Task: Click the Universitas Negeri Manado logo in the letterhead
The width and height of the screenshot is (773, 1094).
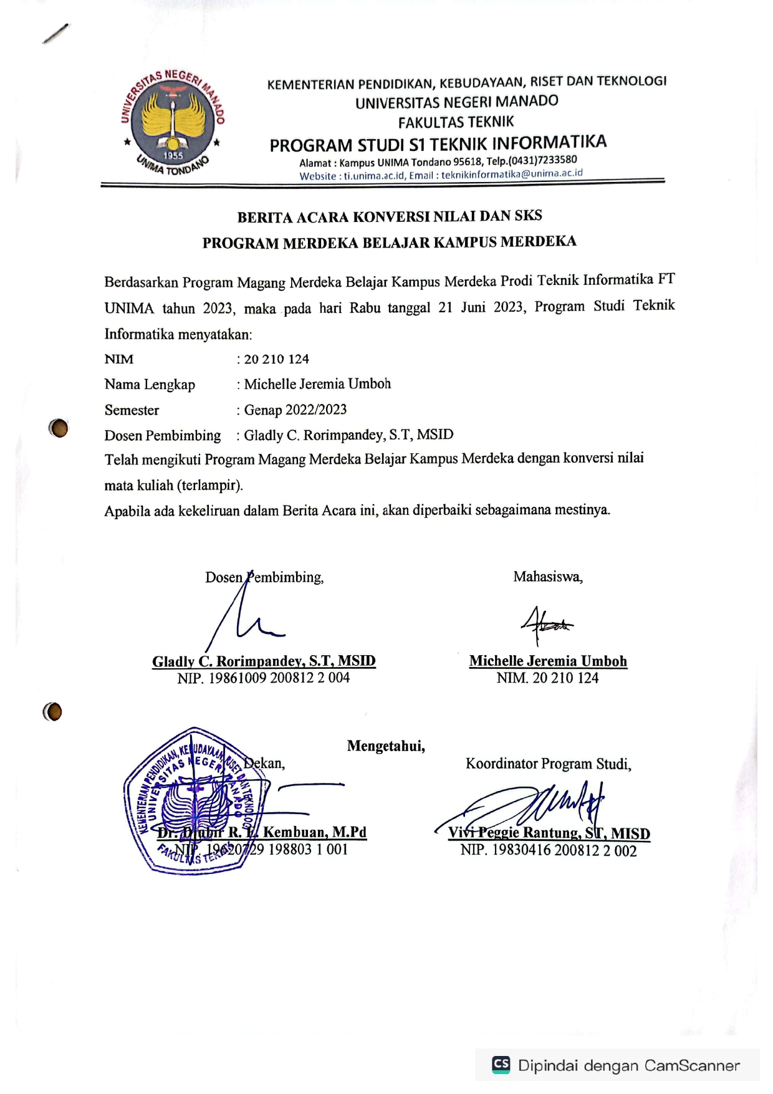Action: [x=173, y=122]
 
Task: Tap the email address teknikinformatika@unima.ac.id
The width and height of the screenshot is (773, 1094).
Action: [x=512, y=174]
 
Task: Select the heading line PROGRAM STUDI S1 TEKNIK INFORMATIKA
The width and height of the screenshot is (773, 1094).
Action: [x=438, y=144]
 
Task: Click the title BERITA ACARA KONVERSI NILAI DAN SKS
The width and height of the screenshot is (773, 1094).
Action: [x=390, y=217]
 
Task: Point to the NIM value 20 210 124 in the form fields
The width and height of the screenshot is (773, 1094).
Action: [x=276, y=359]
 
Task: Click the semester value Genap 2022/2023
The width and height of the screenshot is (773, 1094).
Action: [x=295, y=410]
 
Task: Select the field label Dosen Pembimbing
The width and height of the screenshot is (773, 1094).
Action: [x=163, y=435]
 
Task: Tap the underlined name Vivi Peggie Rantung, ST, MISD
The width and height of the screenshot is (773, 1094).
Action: [x=549, y=833]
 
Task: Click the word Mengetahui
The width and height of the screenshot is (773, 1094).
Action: [x=386, y=746]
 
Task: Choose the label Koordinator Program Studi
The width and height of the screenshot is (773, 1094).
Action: [x=548, y=764]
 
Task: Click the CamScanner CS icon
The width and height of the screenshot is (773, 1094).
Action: [x=501, y=1064]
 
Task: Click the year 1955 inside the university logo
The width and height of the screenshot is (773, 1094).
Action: [x=173, y=155]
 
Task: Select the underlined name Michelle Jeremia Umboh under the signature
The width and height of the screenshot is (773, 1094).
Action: [x=548, y=661]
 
